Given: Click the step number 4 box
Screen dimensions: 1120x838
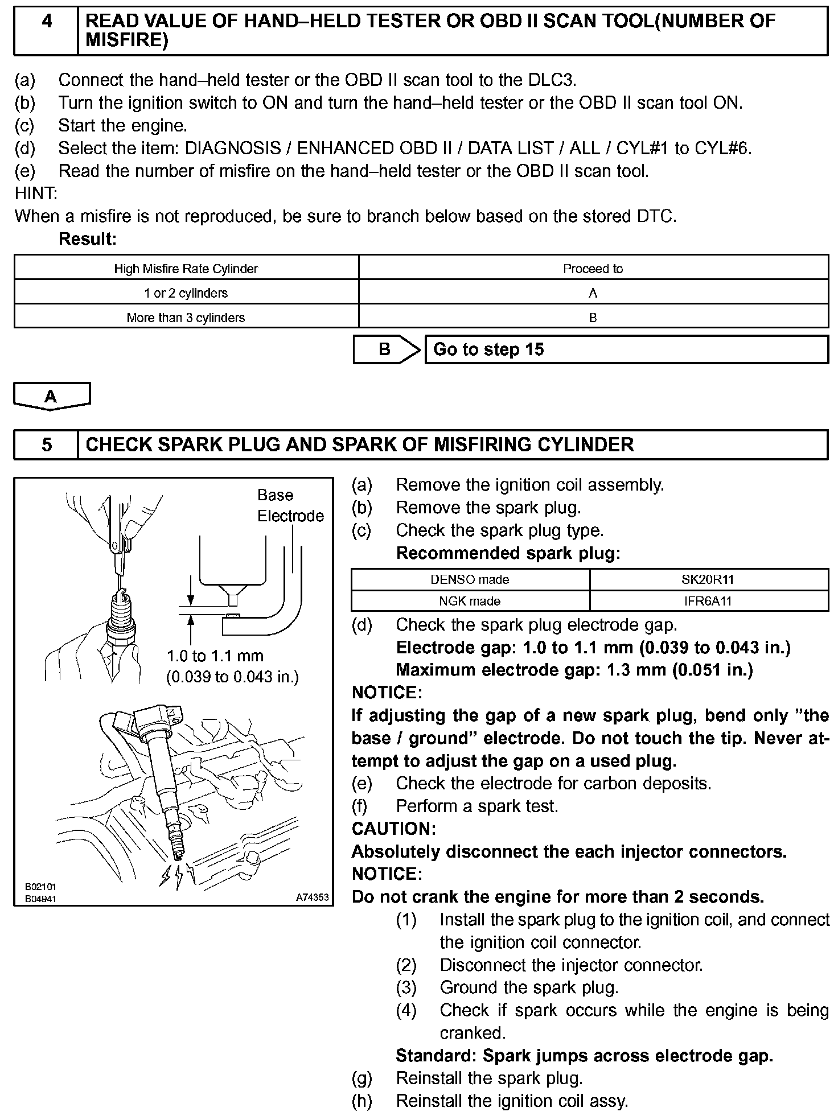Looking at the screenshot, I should (47, 31).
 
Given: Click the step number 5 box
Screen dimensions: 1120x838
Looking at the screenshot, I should (47, 444).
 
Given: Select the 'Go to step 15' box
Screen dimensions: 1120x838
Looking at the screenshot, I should (626, 349).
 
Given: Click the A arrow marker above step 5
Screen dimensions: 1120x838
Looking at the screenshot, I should (51, 396).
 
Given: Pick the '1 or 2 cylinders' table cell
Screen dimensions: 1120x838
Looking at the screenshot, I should (186, 293).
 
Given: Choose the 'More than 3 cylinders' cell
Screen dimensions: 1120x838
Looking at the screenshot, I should (186, 318).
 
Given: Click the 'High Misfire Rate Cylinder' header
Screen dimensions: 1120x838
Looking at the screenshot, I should (186, 269).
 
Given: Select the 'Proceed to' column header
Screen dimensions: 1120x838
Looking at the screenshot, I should (593, 269).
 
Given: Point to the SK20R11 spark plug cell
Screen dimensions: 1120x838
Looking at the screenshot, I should (708, 579).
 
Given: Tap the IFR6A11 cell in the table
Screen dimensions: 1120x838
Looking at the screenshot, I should (708, 601).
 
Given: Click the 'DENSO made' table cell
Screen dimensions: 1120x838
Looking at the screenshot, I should (470, 579).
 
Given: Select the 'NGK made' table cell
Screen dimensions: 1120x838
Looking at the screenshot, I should (470, 601).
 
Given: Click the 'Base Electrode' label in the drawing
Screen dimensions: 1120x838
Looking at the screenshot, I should (290, 505).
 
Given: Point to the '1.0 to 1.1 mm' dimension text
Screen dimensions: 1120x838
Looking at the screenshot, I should (215, 656).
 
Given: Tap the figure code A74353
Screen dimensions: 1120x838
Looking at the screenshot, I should (312, 897).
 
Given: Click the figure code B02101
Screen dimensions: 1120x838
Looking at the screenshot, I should (40, 887).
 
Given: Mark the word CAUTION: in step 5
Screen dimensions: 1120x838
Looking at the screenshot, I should (393, 829).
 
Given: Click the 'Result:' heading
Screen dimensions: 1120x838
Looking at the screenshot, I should (87, 239).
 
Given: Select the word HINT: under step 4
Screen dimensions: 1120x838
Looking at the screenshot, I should (36, 193).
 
